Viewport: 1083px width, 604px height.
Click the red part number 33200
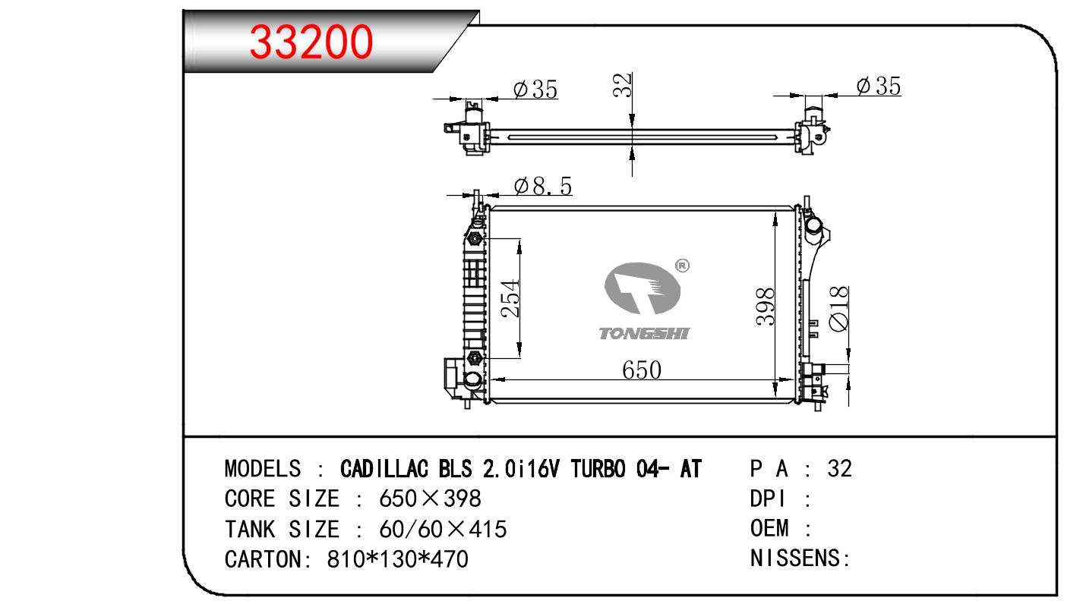pos(311,42)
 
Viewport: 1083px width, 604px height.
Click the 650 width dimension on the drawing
pos(641,370)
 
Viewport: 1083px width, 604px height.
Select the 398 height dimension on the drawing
pos(766,307)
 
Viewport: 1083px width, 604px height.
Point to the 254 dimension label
pos(510,299)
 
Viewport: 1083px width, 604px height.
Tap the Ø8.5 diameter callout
pos(543,186)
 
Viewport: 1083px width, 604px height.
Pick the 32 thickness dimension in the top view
pos(622,85)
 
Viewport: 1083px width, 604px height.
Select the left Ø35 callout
pos(535,90)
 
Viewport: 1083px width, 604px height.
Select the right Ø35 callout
pos(879,86)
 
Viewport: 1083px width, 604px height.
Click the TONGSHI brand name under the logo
pos(644,333)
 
